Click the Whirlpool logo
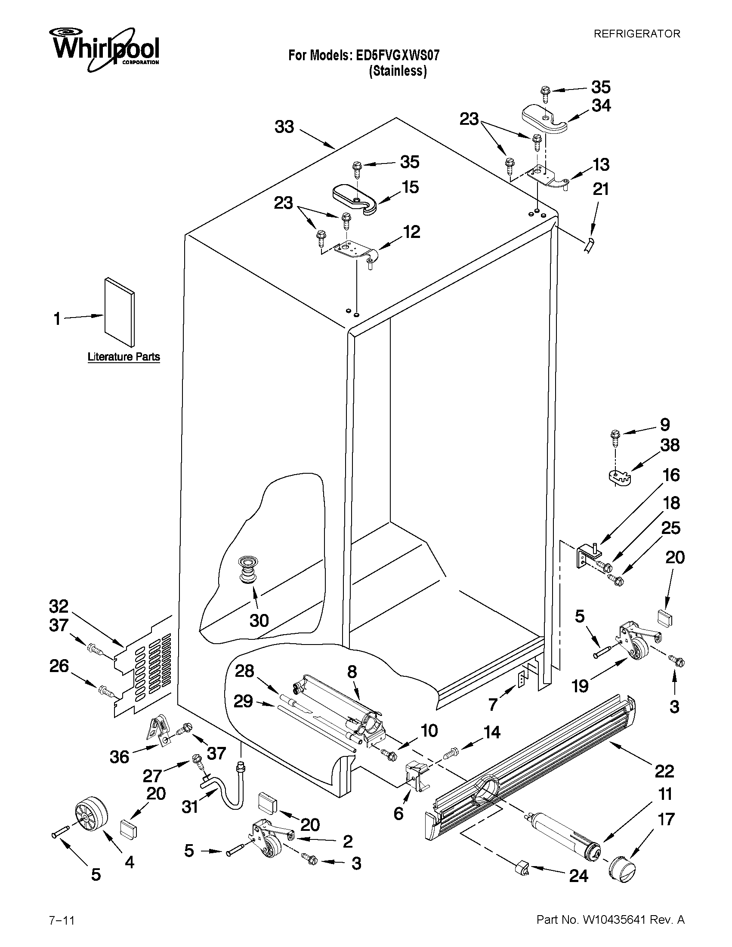tap(104, 49)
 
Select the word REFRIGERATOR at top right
tap(636, 34)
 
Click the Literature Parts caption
tap(124, 357)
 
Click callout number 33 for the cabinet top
tap(284, 127)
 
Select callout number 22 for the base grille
tap(664, 771)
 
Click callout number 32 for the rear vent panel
tap(59, 606)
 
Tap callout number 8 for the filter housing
tap(352, 672)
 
